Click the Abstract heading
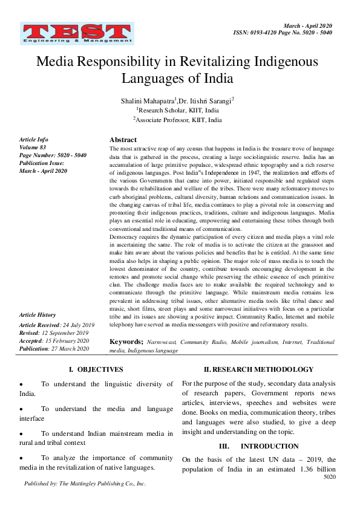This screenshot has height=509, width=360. [x=123, y=140]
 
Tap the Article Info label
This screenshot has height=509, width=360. [x=34, y=140]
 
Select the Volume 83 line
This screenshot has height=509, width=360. [x=33, y=148]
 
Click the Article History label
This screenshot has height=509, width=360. [x=38, y=315]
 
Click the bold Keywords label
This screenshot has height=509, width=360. [x=126, y=342]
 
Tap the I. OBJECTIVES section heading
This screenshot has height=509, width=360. [x=96, y=369]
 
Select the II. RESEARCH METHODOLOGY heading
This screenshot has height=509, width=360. [x=258, y=369]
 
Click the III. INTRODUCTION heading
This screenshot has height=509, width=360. [x=258, y=446]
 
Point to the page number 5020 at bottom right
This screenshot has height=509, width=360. [x=329, y=477]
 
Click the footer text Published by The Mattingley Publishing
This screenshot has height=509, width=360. [x=85, y=484]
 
